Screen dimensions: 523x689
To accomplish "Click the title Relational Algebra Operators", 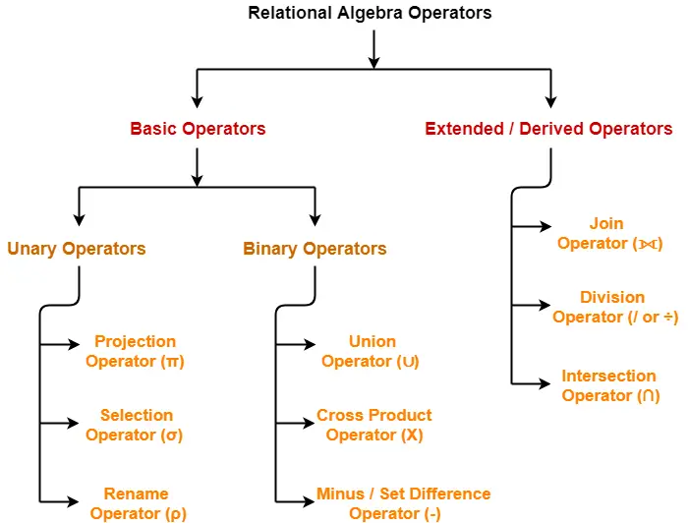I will pos(370,13).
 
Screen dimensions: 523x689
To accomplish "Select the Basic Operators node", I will pos(198,129).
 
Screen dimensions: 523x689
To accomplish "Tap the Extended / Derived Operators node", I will pos(548,129).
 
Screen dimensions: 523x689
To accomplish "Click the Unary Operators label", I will pos(77,249).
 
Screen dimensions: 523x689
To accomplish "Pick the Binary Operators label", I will pos(315,249).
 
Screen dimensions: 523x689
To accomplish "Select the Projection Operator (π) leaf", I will pos(135,352).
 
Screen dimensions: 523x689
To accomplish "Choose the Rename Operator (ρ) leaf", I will pos(137,503).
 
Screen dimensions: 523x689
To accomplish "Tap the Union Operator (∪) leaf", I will pos(371,352).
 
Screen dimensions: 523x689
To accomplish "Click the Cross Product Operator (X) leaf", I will pos(373,425).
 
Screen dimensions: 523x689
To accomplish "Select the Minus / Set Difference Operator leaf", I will pos(402,503).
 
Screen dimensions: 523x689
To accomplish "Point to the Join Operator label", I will pos(607,234).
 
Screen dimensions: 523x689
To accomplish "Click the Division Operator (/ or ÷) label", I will pos(614,307).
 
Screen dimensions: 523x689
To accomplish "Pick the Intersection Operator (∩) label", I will pos(609,385).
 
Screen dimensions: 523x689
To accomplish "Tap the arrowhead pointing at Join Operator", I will pos(545,226).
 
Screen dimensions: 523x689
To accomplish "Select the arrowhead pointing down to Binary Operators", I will pos(315,219).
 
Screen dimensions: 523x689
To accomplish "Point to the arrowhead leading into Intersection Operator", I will pos(545,383).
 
